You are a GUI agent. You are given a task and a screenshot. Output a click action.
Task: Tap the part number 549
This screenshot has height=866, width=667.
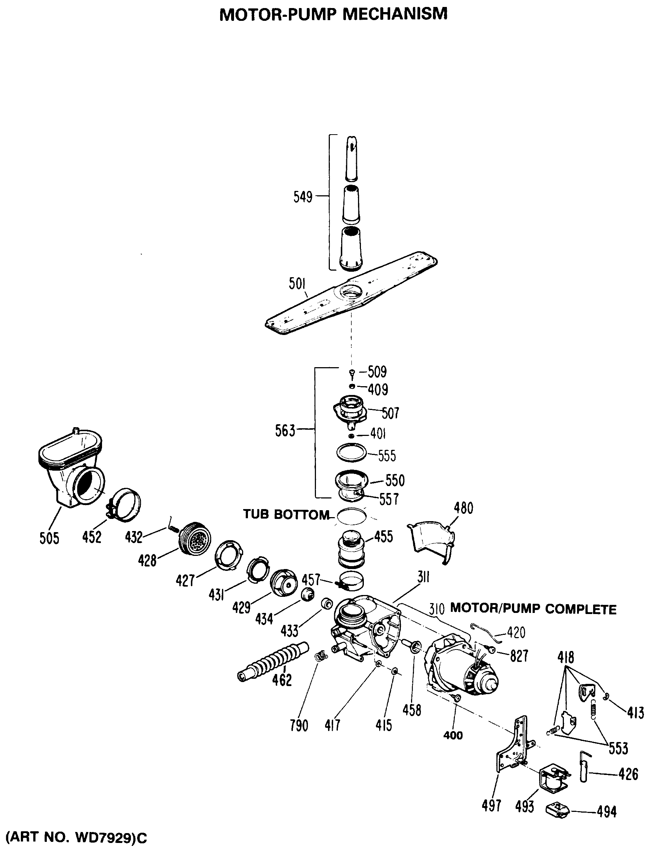[302, 197]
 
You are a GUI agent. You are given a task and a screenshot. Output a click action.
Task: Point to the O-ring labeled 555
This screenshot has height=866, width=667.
[351, 452]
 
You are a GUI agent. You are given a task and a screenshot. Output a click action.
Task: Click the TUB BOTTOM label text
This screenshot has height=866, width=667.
[286, 515]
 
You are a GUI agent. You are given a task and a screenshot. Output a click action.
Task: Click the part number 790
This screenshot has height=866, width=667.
[299, 726]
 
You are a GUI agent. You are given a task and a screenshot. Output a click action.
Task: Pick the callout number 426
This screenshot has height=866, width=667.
[628, 774]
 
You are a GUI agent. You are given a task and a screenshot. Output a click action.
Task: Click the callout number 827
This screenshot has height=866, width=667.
[519, 656]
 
